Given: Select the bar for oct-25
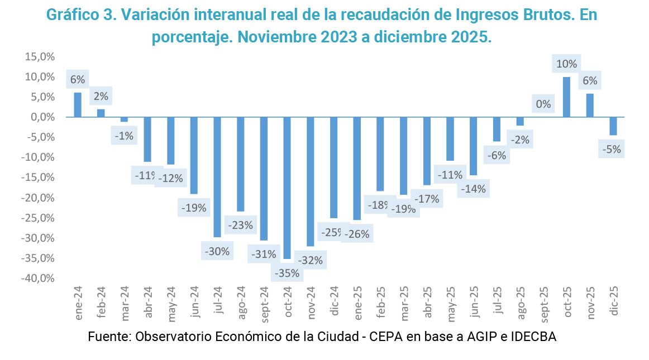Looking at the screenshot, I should pyautogui.click(x=566, y=97).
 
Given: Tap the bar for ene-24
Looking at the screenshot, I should pyautogui.click(x=78, y=105).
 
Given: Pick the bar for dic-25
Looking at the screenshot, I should pyautogui.click(x=613, y=126).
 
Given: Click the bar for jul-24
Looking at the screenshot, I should pyautogui.click(x=217, y=177).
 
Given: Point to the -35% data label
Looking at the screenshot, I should pyautogui.click(x=288, y=273).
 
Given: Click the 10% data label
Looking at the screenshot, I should pyautogui.click(x=567, y=64).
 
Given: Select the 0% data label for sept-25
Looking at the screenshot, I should pyautogui.click(x=543, y=104).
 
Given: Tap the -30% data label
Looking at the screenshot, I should pyautogui.click(x=217, y=251).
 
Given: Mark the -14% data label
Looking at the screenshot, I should pyautogui.click(x=474, y=189).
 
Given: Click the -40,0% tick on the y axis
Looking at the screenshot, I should pyautogui.click(x=38, y=278).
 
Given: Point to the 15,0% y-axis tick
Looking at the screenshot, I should pyautogui.click(x=39, y=56).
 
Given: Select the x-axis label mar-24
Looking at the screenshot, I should pyautogui.click(x=125, y=303).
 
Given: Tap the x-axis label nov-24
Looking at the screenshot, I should pyautogui.click(x=311, y=303).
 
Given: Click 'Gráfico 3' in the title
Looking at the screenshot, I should pyautogui.click(x=78, y=15).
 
